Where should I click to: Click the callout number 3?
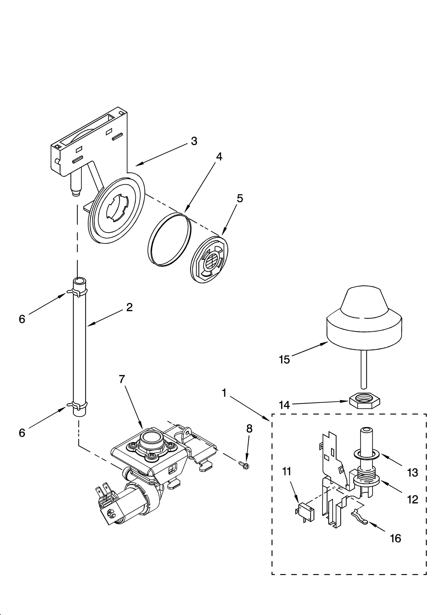click(x=194, y=141)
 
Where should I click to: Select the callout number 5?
click(x=240, y=199)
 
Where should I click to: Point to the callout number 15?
click(x=284, y=360)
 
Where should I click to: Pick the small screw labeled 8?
click(x=244, y=464)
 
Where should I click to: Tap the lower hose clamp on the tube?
click(x=76, y=406)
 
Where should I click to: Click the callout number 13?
click(x=412, y=472)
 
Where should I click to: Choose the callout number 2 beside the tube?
click(x=129, y=307)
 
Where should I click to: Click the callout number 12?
click(x=412, y=500)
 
